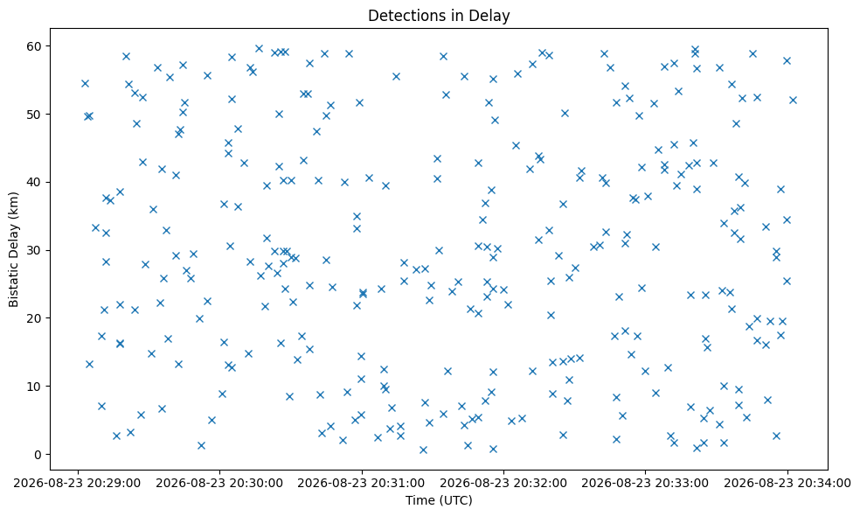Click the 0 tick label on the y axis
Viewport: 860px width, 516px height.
38,455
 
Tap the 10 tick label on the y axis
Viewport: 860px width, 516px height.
35,387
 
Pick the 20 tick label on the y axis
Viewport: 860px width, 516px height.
35,318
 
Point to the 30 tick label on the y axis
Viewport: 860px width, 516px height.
35,250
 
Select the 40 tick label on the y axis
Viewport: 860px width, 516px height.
35,182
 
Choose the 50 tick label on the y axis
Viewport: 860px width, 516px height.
35,115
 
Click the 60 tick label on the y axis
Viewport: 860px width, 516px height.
35,46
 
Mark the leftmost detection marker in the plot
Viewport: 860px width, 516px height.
85,83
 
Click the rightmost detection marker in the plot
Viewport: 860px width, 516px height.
793,100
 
